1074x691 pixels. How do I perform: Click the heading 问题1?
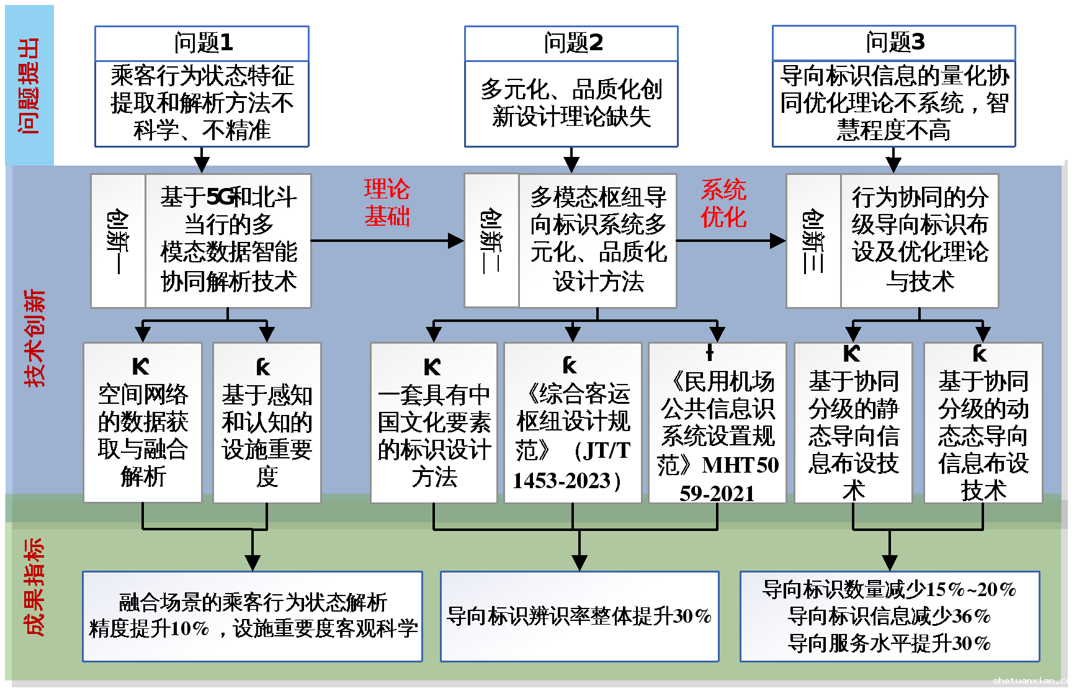click(202, 43)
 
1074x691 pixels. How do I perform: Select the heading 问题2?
click(572, 43)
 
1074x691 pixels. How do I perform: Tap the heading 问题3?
click(894, 42)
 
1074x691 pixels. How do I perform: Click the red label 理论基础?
click(387, 203)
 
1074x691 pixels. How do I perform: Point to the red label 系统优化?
click(723, 203)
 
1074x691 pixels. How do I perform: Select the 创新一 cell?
click(118, 241)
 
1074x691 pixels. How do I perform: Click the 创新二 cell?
click(491, 241)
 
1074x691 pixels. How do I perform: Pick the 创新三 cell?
click(813, 241)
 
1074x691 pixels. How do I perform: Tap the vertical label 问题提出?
click(29, 86)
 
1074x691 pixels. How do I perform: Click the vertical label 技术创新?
click(35, 338)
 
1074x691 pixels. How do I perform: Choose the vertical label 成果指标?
click(34, 587)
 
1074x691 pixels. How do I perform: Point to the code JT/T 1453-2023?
click(572, 465)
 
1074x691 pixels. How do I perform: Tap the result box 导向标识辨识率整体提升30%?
click(579, 616)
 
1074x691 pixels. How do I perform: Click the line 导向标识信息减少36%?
click(889, 616)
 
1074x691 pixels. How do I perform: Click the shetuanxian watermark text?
click(1032, 680)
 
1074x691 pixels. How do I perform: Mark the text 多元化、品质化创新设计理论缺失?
click(571, 103)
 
